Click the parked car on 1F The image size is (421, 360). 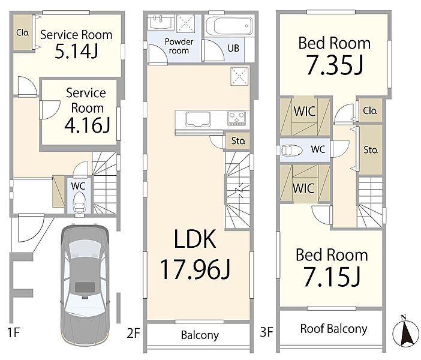tap(85, 285)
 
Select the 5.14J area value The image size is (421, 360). tap(76, 52)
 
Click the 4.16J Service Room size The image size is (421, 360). tap(88, 125)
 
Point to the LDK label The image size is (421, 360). tap(195, 239)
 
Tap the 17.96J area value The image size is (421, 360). tap(195, 269)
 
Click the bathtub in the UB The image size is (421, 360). tap(229, 26)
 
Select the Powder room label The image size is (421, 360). tap(179, 46)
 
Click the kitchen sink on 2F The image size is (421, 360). tap(198, 119)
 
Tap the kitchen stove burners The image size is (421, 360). tap(236, 118)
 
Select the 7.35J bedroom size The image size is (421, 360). tap(335, 65)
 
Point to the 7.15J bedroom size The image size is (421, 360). tap(332, 277)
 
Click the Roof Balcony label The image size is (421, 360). tap(333, 329)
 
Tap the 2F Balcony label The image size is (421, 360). tap(200, 335)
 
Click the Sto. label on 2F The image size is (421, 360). tap(238, 141)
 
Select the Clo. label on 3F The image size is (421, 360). tap(370, 110)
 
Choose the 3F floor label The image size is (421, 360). tap(266, 332)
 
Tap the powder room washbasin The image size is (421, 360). tap(161, 22)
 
